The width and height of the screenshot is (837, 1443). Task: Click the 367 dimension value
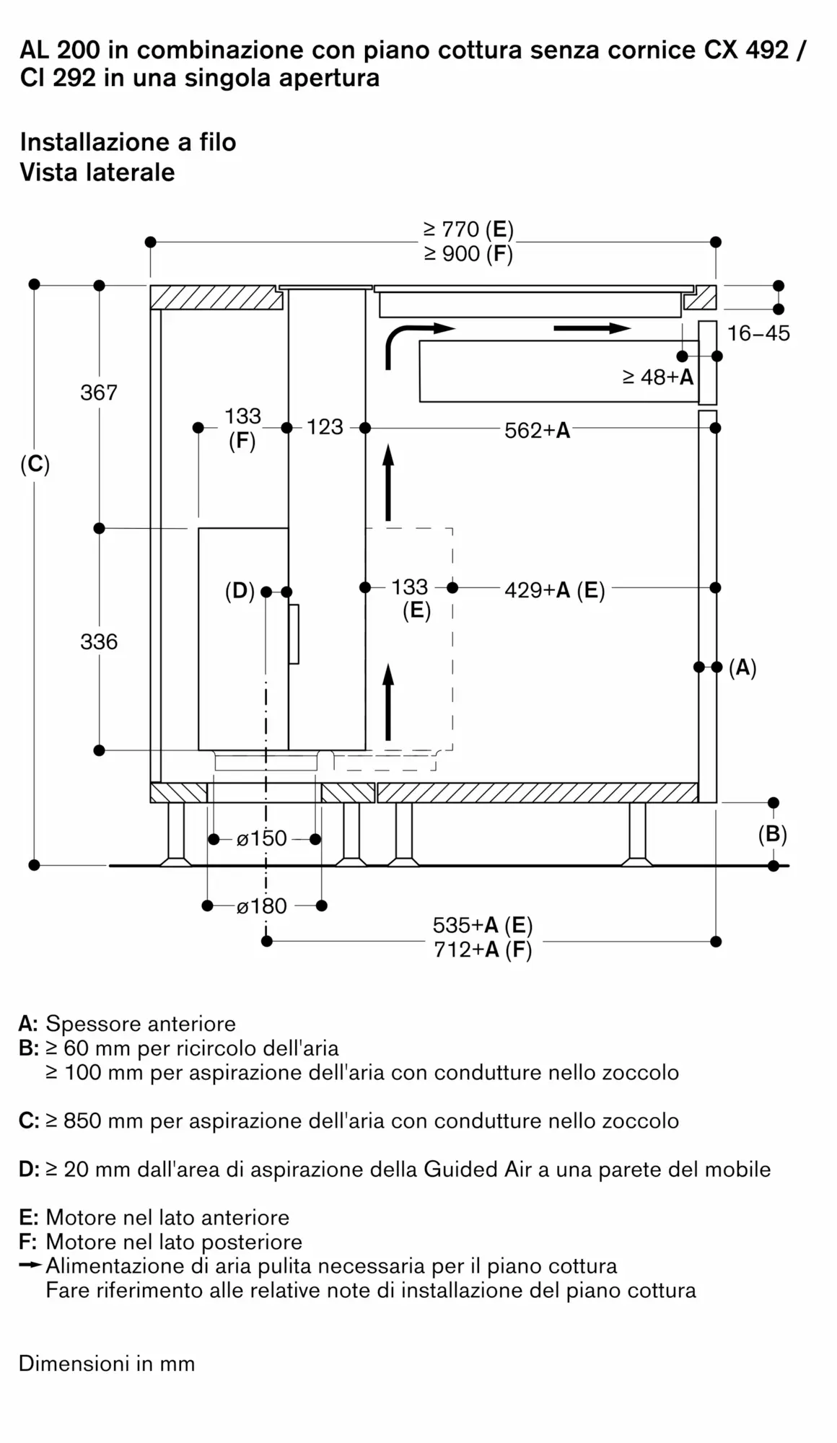coord(99,392)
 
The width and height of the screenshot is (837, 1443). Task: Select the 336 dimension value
coord(99,641)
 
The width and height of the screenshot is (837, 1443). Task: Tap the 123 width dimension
coord(325,427)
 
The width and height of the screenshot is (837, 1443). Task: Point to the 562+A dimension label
coord(538,431)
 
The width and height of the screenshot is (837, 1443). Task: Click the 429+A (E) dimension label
coord(554,590)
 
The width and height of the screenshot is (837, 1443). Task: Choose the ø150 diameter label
coord(262,838)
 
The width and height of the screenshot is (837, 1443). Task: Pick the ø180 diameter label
coord(262,905)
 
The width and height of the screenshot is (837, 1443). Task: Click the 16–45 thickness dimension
coord(758,333)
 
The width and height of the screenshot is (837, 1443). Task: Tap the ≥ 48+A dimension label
coord(658,377)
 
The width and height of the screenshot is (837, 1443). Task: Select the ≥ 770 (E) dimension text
coord(469,229)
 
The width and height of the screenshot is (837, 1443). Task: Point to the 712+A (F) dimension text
coord(483,949)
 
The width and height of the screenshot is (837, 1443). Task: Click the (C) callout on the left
coord(35,465)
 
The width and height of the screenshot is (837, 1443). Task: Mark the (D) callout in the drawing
coord(240,592)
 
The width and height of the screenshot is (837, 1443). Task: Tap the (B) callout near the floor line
coord(772,834)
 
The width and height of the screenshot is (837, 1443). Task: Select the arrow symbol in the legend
coord(31,1266)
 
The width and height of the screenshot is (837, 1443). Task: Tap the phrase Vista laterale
coord(97,172)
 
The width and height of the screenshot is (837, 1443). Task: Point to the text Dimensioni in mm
coord(107,1364)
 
